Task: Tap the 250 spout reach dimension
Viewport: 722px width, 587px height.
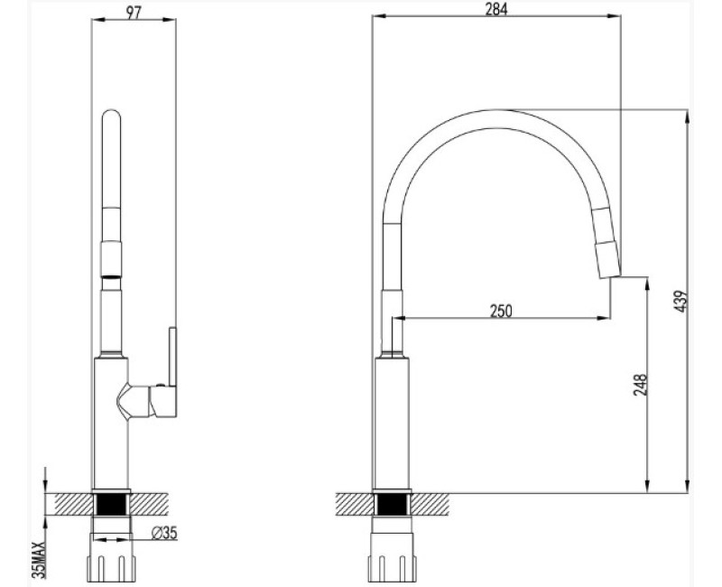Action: [501, 311]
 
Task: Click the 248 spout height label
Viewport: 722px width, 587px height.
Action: [640, 386]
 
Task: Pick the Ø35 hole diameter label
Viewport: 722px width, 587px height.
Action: [163, 533]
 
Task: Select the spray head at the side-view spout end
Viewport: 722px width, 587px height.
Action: [605, 239]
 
